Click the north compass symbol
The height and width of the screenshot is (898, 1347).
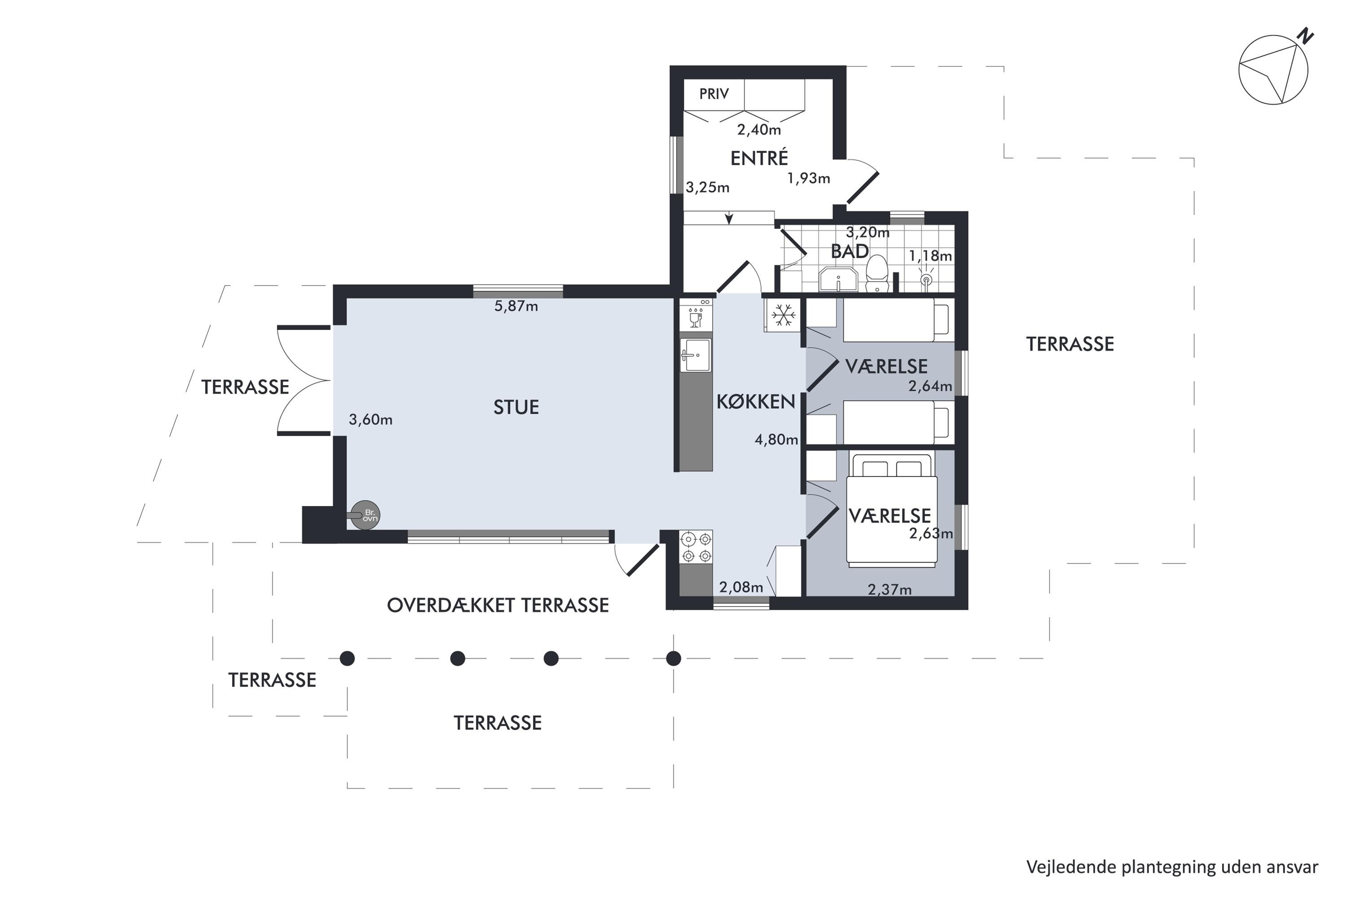(1274, 69)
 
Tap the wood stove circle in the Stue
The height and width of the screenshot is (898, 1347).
(365, 515)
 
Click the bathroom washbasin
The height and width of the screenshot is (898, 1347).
(838, 279)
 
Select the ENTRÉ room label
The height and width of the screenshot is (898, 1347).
(759, 158)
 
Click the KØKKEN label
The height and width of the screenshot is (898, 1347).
(756, 402)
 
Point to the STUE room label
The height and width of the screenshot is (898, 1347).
(516, 407)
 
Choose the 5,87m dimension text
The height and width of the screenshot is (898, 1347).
(516, 306)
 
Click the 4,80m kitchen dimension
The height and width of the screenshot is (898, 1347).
(776, 440)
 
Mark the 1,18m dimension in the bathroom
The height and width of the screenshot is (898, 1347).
(930, 256)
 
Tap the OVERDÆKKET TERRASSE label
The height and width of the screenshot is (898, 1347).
(497, 605)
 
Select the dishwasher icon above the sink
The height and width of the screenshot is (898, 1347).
(696, 316)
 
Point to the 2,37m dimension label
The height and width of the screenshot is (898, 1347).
(889, 589)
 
